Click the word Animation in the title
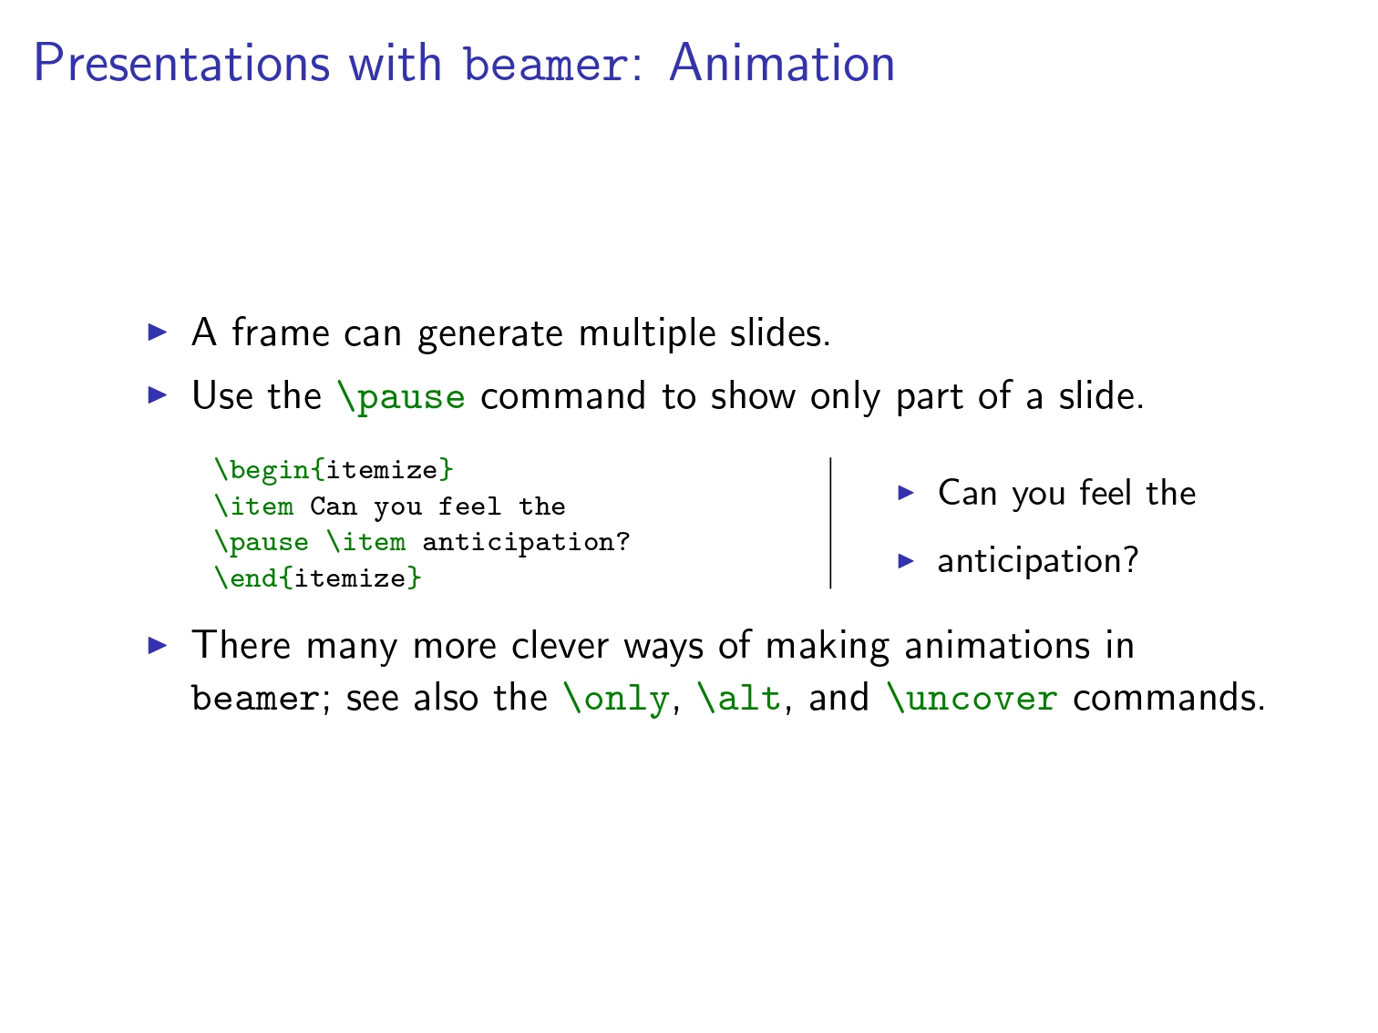[x=782, y=63]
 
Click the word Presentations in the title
[x=181, y=63]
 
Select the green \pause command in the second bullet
[x=401, y=397]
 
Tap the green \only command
[x=616, y=698]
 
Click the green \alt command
[x=739, y=697]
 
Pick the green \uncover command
[x=972, y=698]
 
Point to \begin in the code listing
[x=262, y=470]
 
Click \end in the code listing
[x=246, y=578]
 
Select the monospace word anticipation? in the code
[x=526, y=542]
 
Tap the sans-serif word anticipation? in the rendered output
[x=1037, y=560]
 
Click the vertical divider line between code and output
[x=830, y=523]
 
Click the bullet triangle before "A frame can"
[x=158, y=332]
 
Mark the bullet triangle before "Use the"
[x=158, y=395]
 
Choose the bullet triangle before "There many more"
[x=158, y=645]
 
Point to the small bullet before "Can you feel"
[x=906, y=492]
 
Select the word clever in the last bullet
[x=560, y=645]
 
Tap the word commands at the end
[x=1168, y=698]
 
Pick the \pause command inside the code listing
[x=262, y=542]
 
